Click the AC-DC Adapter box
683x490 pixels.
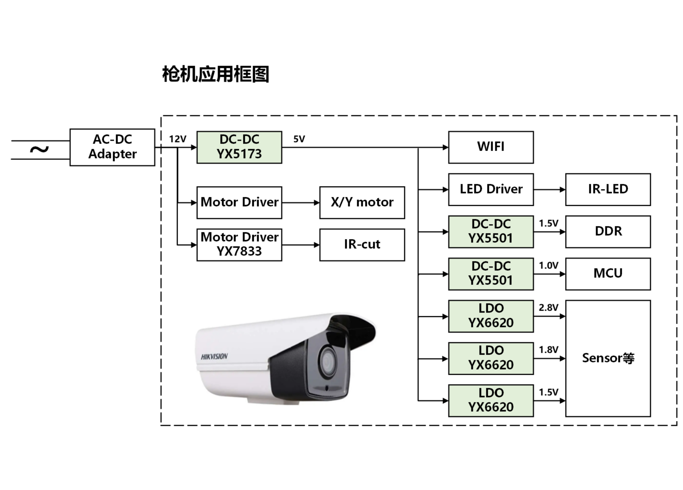[112, 147]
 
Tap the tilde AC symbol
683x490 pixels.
[39, 150]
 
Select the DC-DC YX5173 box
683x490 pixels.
[239, 147]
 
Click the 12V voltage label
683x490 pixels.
[177, 139]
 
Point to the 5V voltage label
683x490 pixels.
[299, 139]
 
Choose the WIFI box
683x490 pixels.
[491, 147]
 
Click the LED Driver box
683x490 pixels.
[491, 189]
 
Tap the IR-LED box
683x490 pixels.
[608, 189]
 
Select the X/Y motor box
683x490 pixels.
[362, 202]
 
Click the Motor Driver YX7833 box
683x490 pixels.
[239, 245]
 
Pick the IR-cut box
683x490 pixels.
[362, 245]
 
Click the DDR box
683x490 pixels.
[608, 232]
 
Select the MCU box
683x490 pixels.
[608, 274]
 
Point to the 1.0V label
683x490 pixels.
[548, 266]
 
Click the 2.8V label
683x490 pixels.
[548, 308]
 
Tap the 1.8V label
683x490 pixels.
[548, 350]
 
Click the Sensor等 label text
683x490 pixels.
[608, 358]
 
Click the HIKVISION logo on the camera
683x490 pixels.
[214, 356]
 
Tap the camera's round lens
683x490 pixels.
[328, 361]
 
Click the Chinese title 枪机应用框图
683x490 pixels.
[216, 74]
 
